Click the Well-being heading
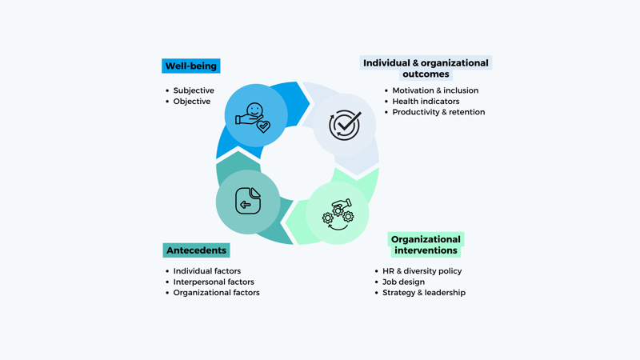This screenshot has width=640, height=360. click(191, 66)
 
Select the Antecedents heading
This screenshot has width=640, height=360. click(196, 250)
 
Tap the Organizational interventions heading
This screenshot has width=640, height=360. click(426, 245)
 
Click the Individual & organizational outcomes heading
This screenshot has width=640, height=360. click(426, 68)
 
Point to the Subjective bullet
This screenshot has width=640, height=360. click(194, 90)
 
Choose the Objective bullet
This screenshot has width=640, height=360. click(192, 102)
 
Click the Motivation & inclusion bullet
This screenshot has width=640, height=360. click(435, 90)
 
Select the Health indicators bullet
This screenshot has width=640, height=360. click(426, 102)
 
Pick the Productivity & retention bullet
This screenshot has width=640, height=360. click(438, 112)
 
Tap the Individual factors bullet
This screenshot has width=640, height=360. click(207, 271)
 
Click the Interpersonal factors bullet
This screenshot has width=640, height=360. click(214, 282)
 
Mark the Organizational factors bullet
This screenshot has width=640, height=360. click(216, 293)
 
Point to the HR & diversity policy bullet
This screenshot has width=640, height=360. click(422, 271)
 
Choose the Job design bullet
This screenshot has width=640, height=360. click(403, 282)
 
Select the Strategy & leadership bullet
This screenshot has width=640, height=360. click(423, 293)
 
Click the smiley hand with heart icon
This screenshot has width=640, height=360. click(254, 116)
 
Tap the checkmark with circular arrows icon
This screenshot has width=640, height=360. click(345, 125)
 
